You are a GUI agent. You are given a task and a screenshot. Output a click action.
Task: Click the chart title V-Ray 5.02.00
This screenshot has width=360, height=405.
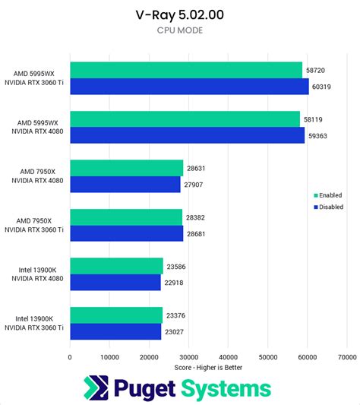[x=179, y=14]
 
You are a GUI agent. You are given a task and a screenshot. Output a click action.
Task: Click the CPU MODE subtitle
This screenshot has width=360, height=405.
[x=179, y=30]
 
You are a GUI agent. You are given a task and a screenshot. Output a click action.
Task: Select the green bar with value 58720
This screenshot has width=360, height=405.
[x=186, y=70]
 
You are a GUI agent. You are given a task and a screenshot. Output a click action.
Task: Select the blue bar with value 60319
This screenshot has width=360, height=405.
[x=189, y=86]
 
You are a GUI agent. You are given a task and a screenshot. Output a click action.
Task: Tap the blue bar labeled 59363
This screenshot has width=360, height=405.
[x=187, y=134]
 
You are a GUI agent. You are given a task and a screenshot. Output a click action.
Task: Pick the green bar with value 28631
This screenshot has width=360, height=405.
[x=126, y=168]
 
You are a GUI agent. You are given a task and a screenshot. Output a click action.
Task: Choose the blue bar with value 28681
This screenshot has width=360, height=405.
[x=126, y=233]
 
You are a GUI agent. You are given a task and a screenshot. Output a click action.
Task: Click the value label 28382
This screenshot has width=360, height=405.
[x=196, y=217]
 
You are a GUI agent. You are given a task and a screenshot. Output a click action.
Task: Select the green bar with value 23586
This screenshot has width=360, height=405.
[x=116, y=265]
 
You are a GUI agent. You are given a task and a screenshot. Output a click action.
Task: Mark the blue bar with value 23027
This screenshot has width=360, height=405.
[x=115, y=331]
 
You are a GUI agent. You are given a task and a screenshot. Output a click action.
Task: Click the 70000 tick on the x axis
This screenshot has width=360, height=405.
[x=346, y=355]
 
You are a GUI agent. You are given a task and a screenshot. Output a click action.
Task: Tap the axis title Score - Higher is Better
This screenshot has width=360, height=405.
[x=208, y=366]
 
